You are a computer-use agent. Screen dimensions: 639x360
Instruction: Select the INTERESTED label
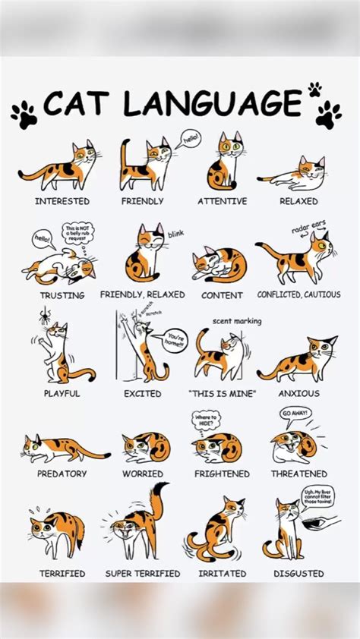62,201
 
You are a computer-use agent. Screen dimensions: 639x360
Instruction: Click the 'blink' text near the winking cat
175,234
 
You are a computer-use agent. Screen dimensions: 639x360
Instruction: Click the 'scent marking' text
237,321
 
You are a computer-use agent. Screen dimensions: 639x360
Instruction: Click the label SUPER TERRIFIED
143,574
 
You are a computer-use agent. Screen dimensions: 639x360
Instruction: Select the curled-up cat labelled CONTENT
219,264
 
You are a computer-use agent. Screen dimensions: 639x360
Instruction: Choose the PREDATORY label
62,474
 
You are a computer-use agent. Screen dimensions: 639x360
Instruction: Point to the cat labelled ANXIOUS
299,360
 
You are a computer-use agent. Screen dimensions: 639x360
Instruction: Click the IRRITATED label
222,574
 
